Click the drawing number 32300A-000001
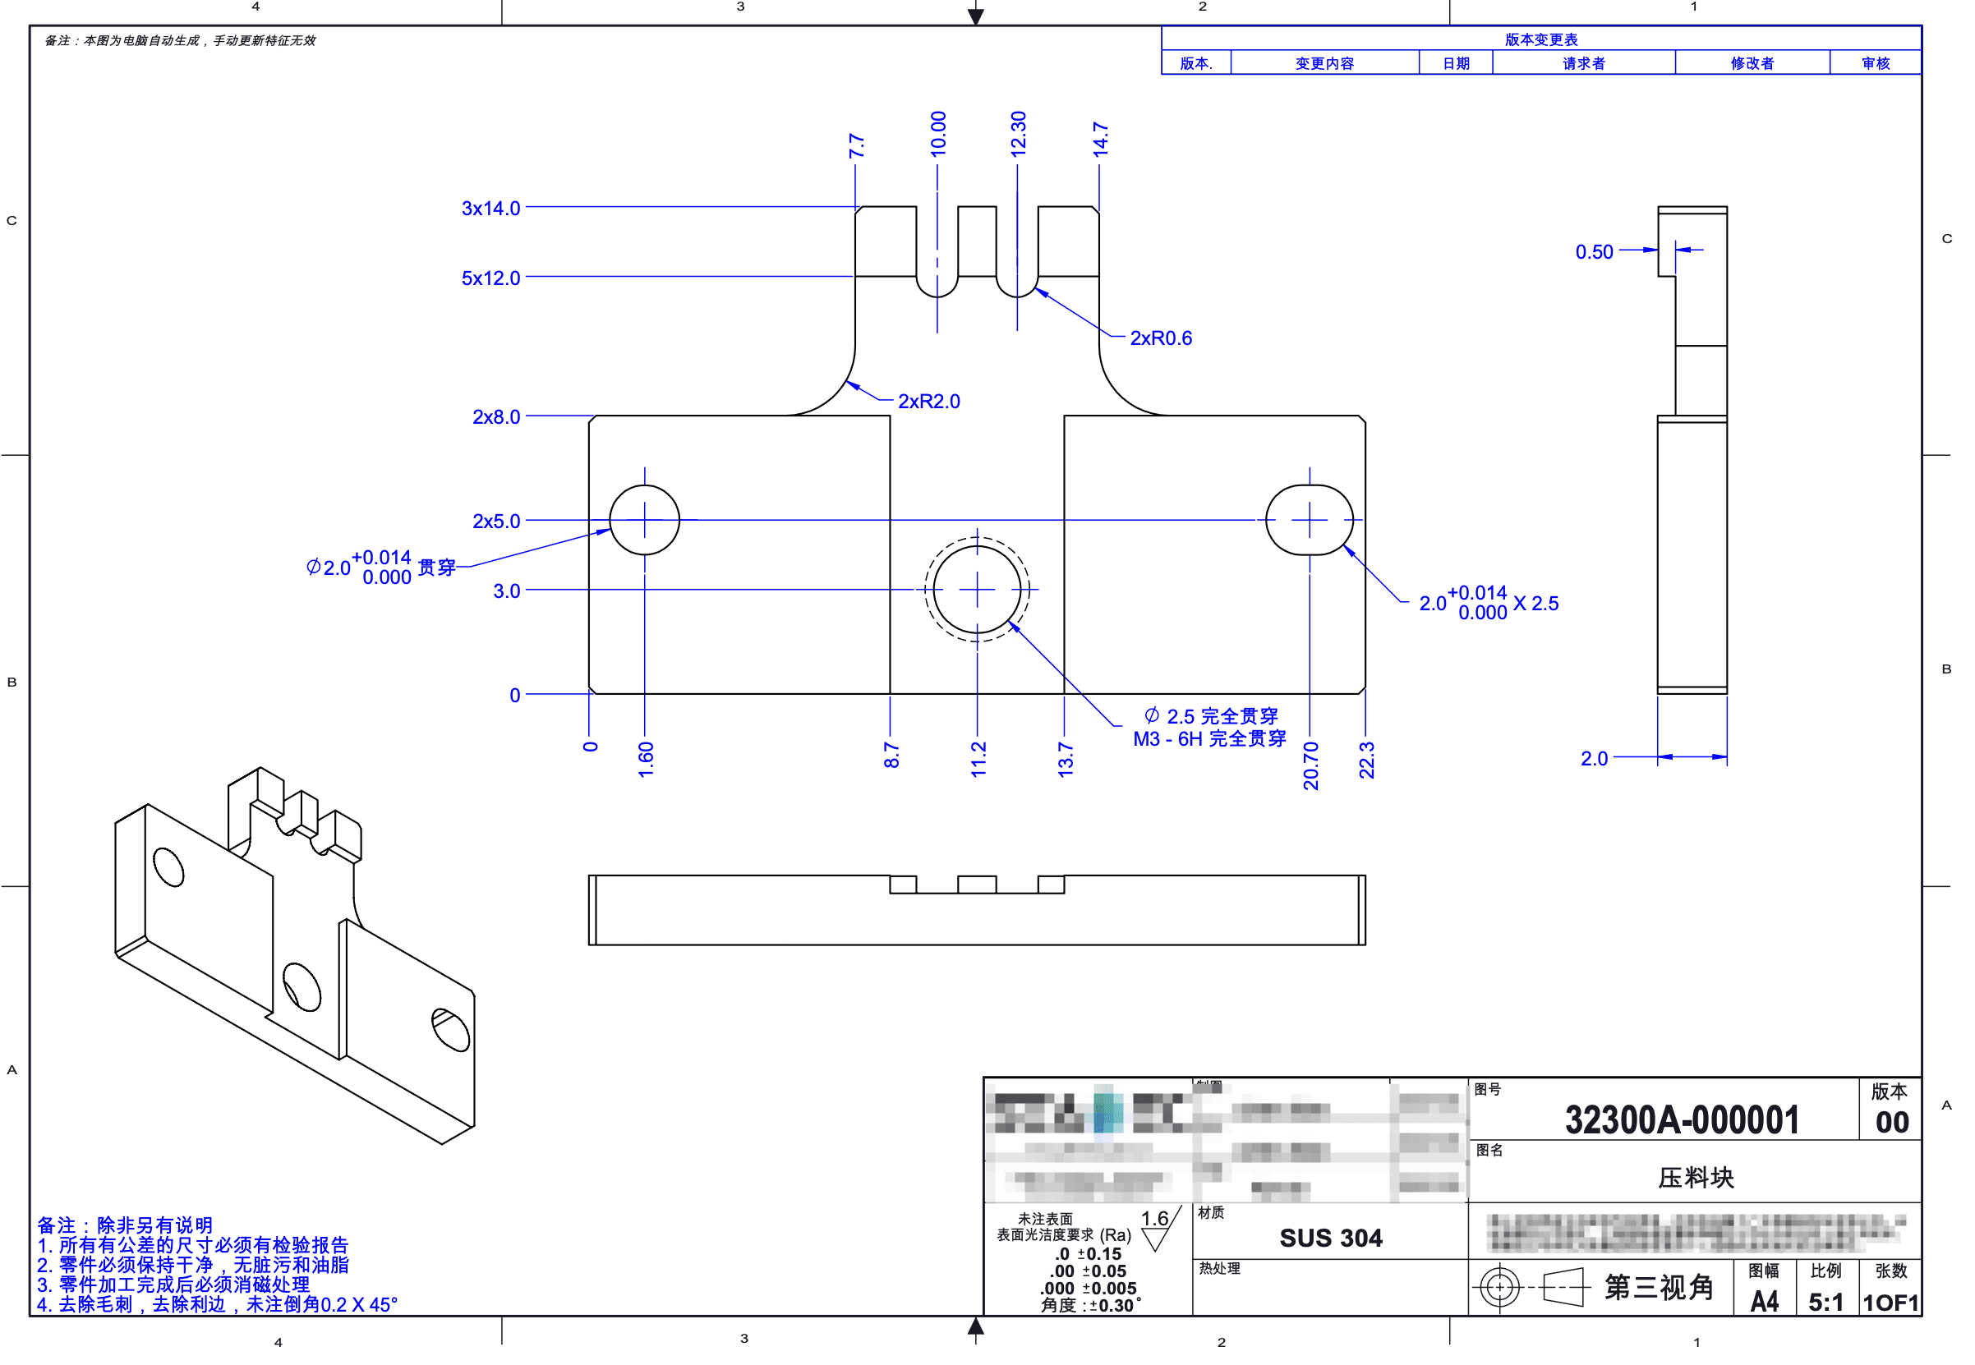pyautogui.click(x=1681, y=1119)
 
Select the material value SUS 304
pyautogui.click(x=1330, y=1238)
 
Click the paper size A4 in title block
pyautogui.click(x=1764, y=1302)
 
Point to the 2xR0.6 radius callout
pyautogui.click(x=1160, y=338)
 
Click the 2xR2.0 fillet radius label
pyautogui.click(x=928, y=401)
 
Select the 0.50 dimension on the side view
pyautogui.click(x=1594, y=251)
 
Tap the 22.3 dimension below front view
pyautogui.click(x=1366, y=760)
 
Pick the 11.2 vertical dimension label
pyautogui.click(x=978, y=760)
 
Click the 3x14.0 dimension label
pyautogui.click(x=490, y=208)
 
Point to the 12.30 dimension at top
pyautogui.click(x=1018, y=133)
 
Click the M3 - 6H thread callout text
pyautogui.click(x=1208, y=739)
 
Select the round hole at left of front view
pyautogui.click(x=644, y=520)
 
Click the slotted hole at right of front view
pyautogui.click(x=1309, y=520)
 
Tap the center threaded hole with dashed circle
pyautogui.click(x=977, y=589)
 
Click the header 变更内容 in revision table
pyautogui.click(x=1324, y=63)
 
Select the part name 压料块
pyautogui.click(x=1695, y=1178)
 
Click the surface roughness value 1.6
pyautogui.click(x=1154, y=1219)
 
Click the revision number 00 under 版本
pyautogui.click(x=1891, y=1122)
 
